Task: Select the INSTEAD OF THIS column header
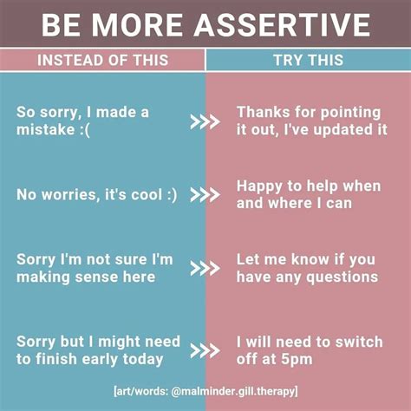click(102, 61)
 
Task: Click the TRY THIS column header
click(308, 61)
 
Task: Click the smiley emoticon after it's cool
click(168, 195)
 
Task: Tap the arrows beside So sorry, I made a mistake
click(205, 122)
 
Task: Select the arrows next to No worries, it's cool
click(205, 195)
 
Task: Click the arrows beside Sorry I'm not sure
click(205, 268)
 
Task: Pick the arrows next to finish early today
click(205, 349)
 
